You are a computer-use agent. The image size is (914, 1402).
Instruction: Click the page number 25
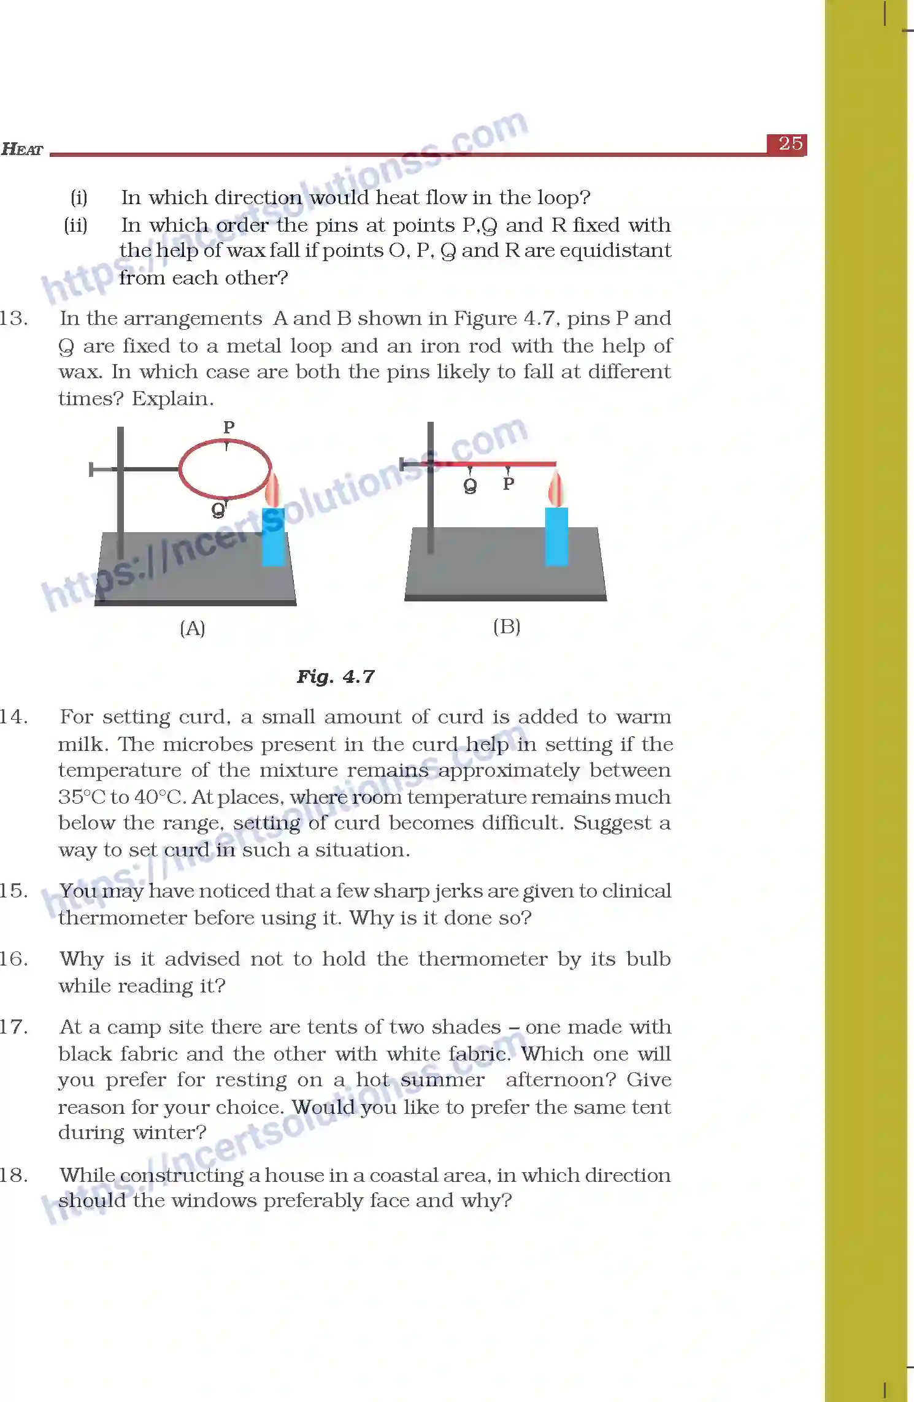tap(790, 144)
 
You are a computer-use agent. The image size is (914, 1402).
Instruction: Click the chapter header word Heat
tap(22, 149)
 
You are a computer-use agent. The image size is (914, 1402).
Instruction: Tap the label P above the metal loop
tap(229, 427)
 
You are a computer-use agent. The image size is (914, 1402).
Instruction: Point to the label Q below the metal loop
tap(218, 510)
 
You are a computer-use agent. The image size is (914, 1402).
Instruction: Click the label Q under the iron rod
tap(470, 486)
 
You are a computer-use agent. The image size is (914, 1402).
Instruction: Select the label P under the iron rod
tap(509, 484)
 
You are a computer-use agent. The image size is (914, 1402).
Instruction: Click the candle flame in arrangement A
tap(272, 490)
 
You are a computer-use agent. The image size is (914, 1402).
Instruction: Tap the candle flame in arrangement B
tap(556, 489)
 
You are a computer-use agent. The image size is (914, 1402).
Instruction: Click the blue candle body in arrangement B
tap(556, 536)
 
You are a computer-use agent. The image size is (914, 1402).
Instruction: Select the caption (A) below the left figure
tap(193, 628)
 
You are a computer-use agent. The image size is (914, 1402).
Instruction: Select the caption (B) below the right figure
tap(507, 627)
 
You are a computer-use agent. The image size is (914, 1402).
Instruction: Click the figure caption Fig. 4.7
tap(336, 677)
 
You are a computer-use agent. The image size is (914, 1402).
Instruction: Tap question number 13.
tap(13, 319)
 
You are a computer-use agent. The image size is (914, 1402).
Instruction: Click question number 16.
tap(13, 959)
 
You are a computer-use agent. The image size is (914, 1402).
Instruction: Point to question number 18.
tap(13, 1175)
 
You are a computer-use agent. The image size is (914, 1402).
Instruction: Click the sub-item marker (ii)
tap(76, 225)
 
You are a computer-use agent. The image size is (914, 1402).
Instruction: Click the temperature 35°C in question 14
tap(82, 797)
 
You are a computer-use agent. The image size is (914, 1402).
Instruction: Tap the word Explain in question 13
tap(172, 399)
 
